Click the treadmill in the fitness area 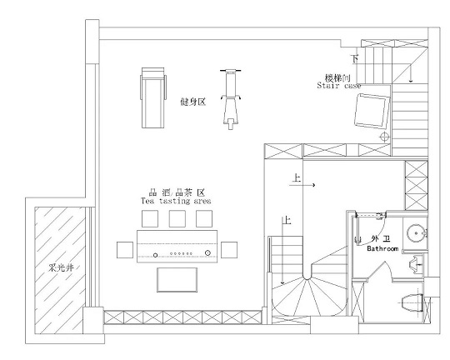(x=153, y=97)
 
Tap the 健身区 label (x=192, y=102)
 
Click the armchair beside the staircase (x=372, y=111)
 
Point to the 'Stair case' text (x=338, y=86)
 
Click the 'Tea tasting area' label (x=176, y=201)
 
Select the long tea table (x=177, y=246)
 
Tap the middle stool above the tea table (x=177, y=219)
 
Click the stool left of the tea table (x=125, y=250)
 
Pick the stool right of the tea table (x=229, y=250)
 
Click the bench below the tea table (x=177, y=280)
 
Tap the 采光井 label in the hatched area (x=61, y=268)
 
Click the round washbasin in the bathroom (x=416, y=232)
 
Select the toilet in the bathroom (x=412, y=302)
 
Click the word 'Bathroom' (x=382, y=248)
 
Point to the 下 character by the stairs (x=355, y=59)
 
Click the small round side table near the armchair (x=384, y=137)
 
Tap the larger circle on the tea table (x=207, y=253)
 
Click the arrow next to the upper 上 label (x=302, y=185)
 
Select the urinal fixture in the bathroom (x=414, y=263)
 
